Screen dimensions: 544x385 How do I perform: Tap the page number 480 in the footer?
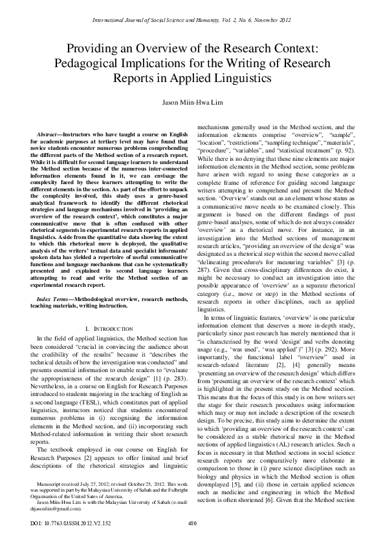coord(192,523)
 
